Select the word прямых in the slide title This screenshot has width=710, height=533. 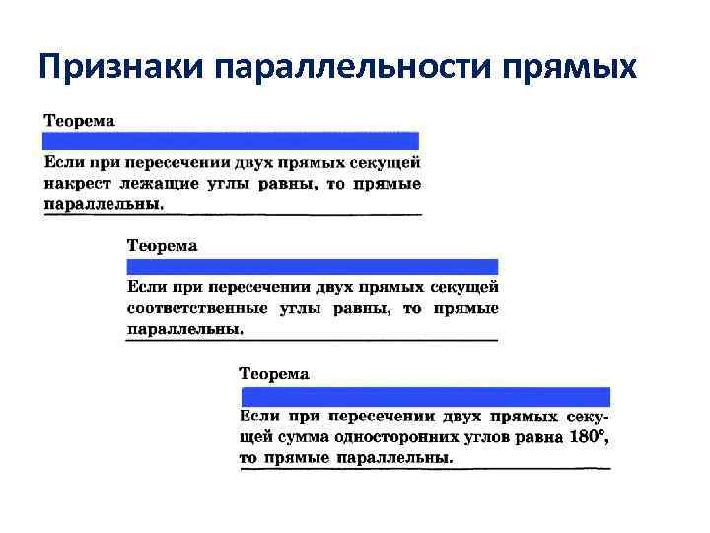pyautogui.click(x=571, y=66)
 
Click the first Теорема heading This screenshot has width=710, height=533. pyautogui.click(x=79, y=120)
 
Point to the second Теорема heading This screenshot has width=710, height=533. pyautogui.click(x=163, y=244)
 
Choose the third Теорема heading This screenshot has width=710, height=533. pyautogui.click(x=274, y=373)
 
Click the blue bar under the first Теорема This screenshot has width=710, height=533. pyautogui.click(x=231, y=140)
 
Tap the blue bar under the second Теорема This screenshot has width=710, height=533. pyautogui.click(x=313, y=266)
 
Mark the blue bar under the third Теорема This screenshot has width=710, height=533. pyautogui.click(x=425, y=396)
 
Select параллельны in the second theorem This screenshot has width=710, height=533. pyautogui.click(x=184, y=329)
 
